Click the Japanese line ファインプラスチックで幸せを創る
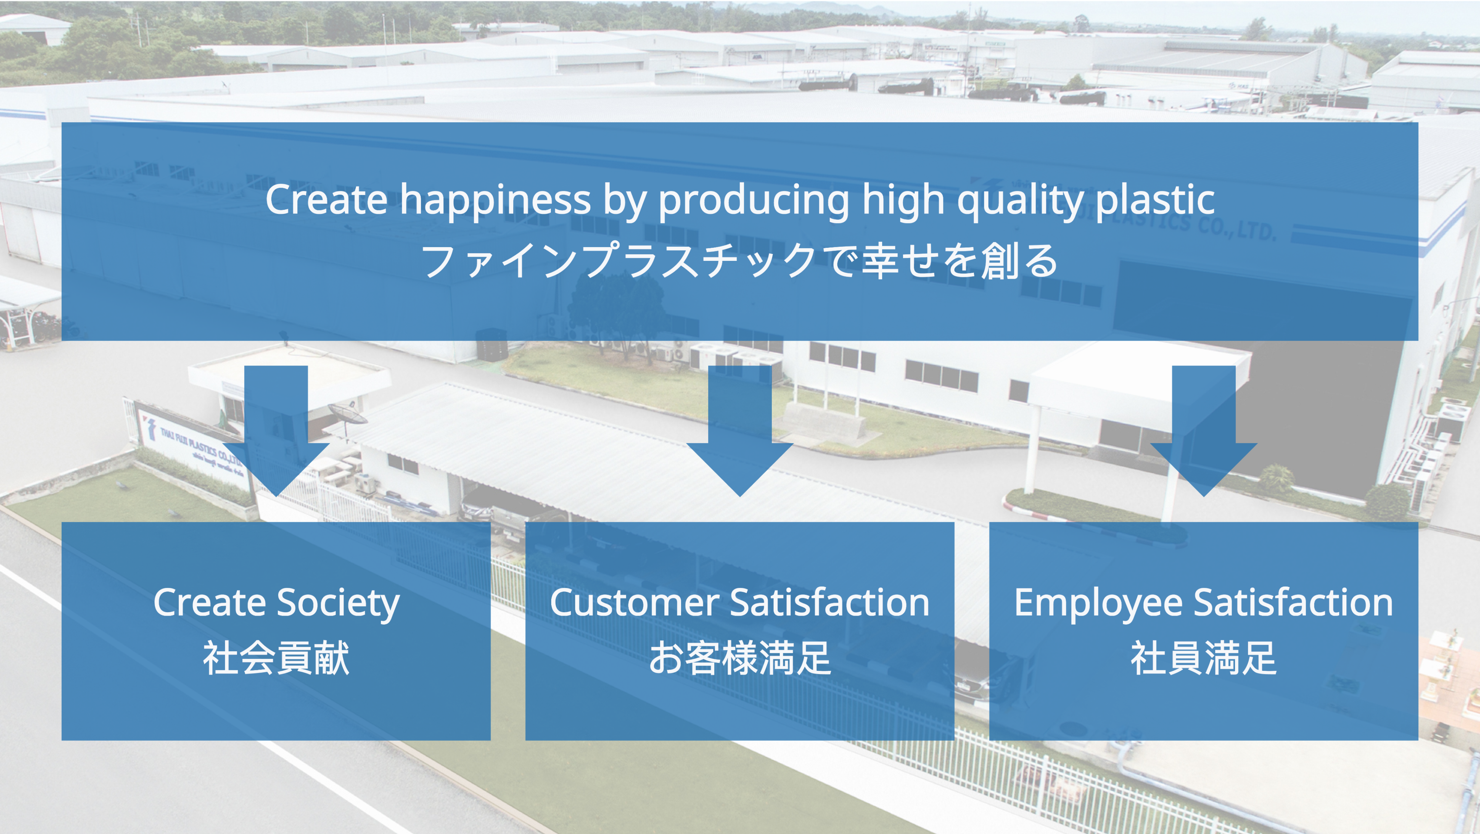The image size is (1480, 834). [x=739, y=261]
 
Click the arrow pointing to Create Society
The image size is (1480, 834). [x=276, y=431]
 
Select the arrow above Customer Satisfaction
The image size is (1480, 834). [x=740, y=431]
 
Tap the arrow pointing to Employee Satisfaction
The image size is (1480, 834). [x=1204, y=431]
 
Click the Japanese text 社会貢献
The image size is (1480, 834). [x=276, y=658]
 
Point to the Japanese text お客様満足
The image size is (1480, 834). [x=740, y=658]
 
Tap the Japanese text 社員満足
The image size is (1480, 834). [x=1204, y=658]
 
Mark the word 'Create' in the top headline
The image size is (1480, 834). [x=326, y=200]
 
